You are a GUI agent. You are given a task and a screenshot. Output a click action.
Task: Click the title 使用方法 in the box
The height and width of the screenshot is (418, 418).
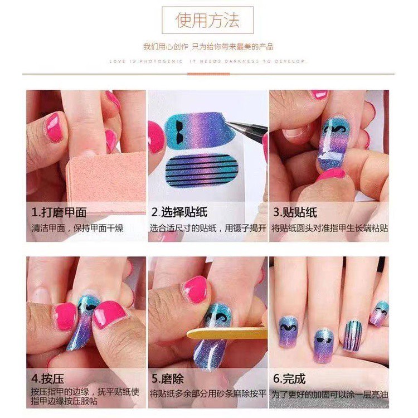207,21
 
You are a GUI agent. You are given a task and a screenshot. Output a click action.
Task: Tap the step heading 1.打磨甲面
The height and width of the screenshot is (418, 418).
59,212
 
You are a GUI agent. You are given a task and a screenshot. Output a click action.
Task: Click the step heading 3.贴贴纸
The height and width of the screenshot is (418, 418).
295,212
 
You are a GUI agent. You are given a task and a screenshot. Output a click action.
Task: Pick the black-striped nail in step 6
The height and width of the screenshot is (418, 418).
353,335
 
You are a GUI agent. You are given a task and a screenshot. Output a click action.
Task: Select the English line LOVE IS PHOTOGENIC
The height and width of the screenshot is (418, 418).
148,61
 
